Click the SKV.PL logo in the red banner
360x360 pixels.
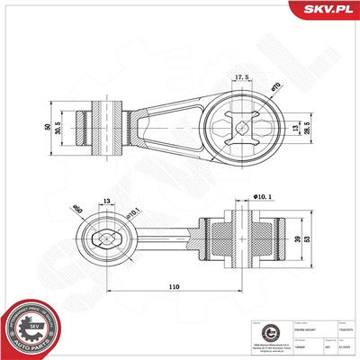tap(325, 11)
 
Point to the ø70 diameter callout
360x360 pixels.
tap(275, 86)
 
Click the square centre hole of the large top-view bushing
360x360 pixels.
tap(242, 128)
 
